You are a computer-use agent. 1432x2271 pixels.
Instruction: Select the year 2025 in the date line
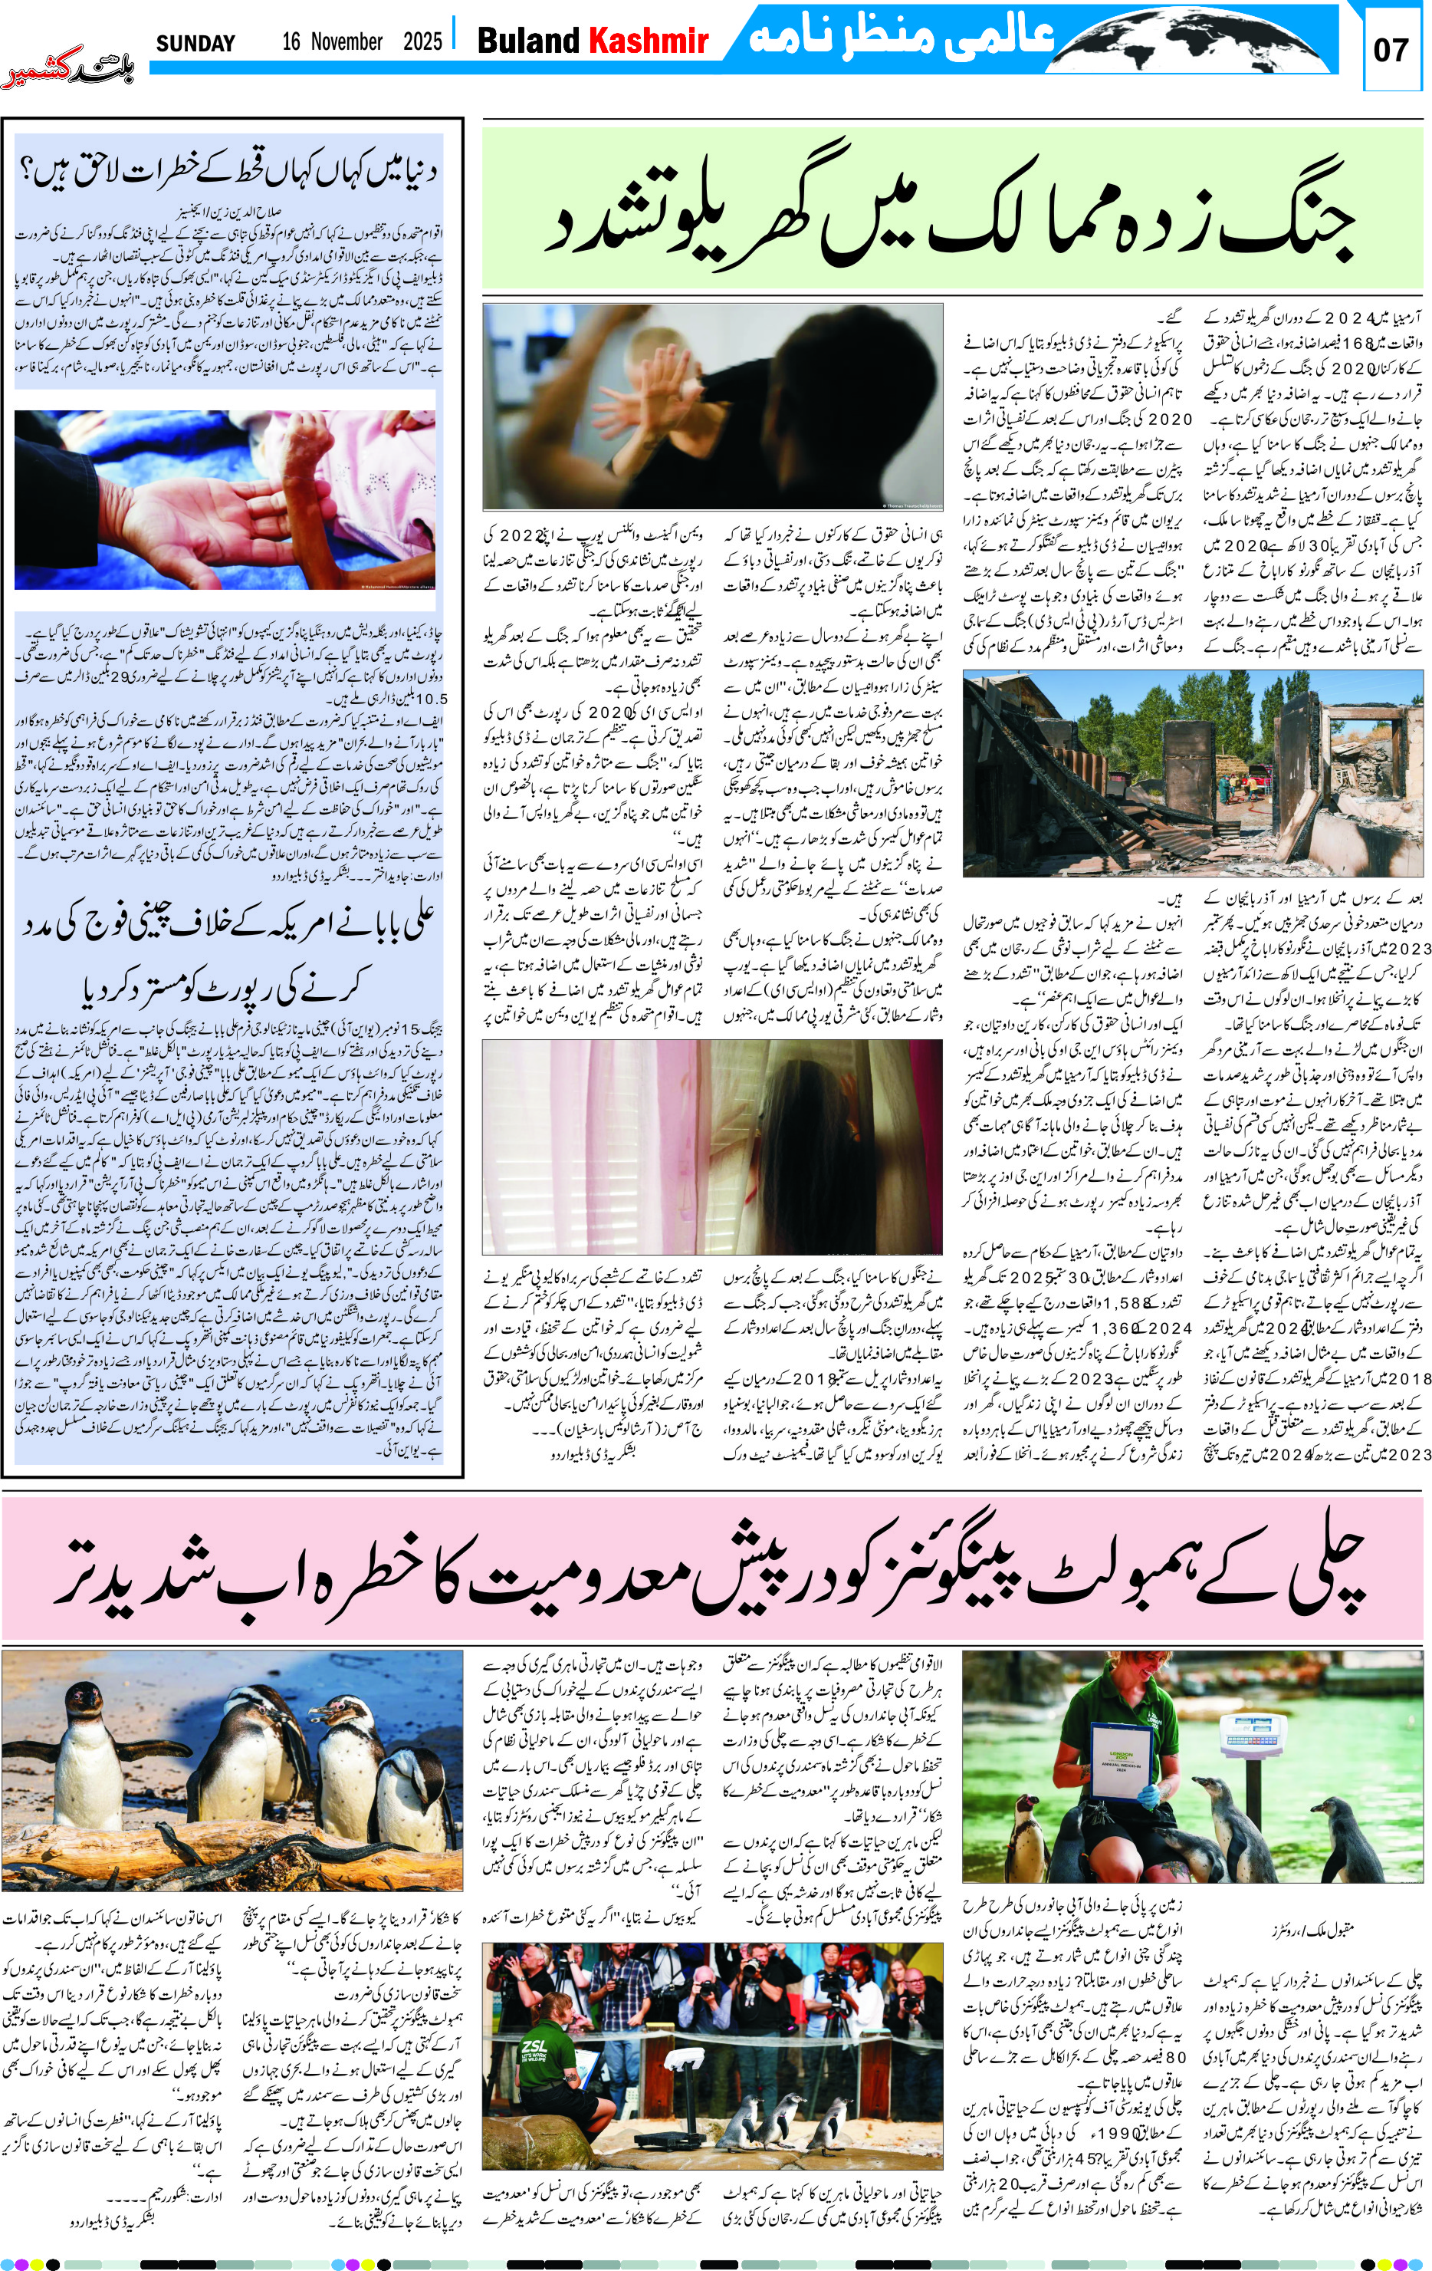(x=422, y=41)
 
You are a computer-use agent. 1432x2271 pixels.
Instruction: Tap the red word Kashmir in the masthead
(x=648, y=41)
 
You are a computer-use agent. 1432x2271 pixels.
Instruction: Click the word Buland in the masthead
(x=528, y=41)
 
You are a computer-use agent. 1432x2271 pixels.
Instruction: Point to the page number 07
(x=1391, y=50)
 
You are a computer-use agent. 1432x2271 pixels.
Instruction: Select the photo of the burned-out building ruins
(x=1191, y=773)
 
